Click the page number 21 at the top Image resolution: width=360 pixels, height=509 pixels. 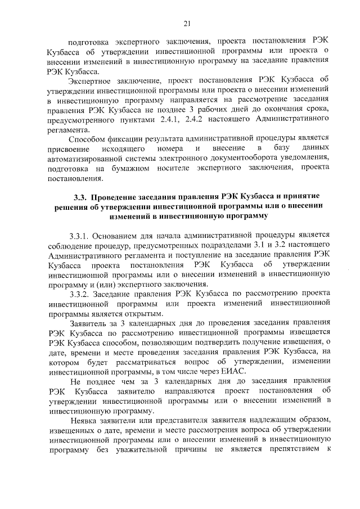coord(187,23)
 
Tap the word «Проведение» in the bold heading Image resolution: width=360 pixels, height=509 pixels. coord(115,197)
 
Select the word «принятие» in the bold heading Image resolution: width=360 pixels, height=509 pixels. coord(299,197)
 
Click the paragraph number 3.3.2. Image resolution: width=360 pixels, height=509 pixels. coord(79,294)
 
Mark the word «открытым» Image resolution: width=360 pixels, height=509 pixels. coord(143,314)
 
